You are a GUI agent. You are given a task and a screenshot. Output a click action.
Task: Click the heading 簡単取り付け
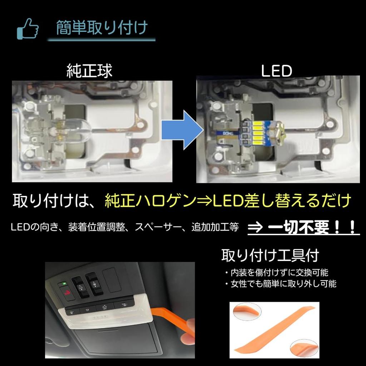[x=102, y=28]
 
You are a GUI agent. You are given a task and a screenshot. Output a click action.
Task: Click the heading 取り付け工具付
[x=270, y=255]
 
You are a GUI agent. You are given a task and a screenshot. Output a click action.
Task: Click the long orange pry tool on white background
[x=273, y=329]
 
